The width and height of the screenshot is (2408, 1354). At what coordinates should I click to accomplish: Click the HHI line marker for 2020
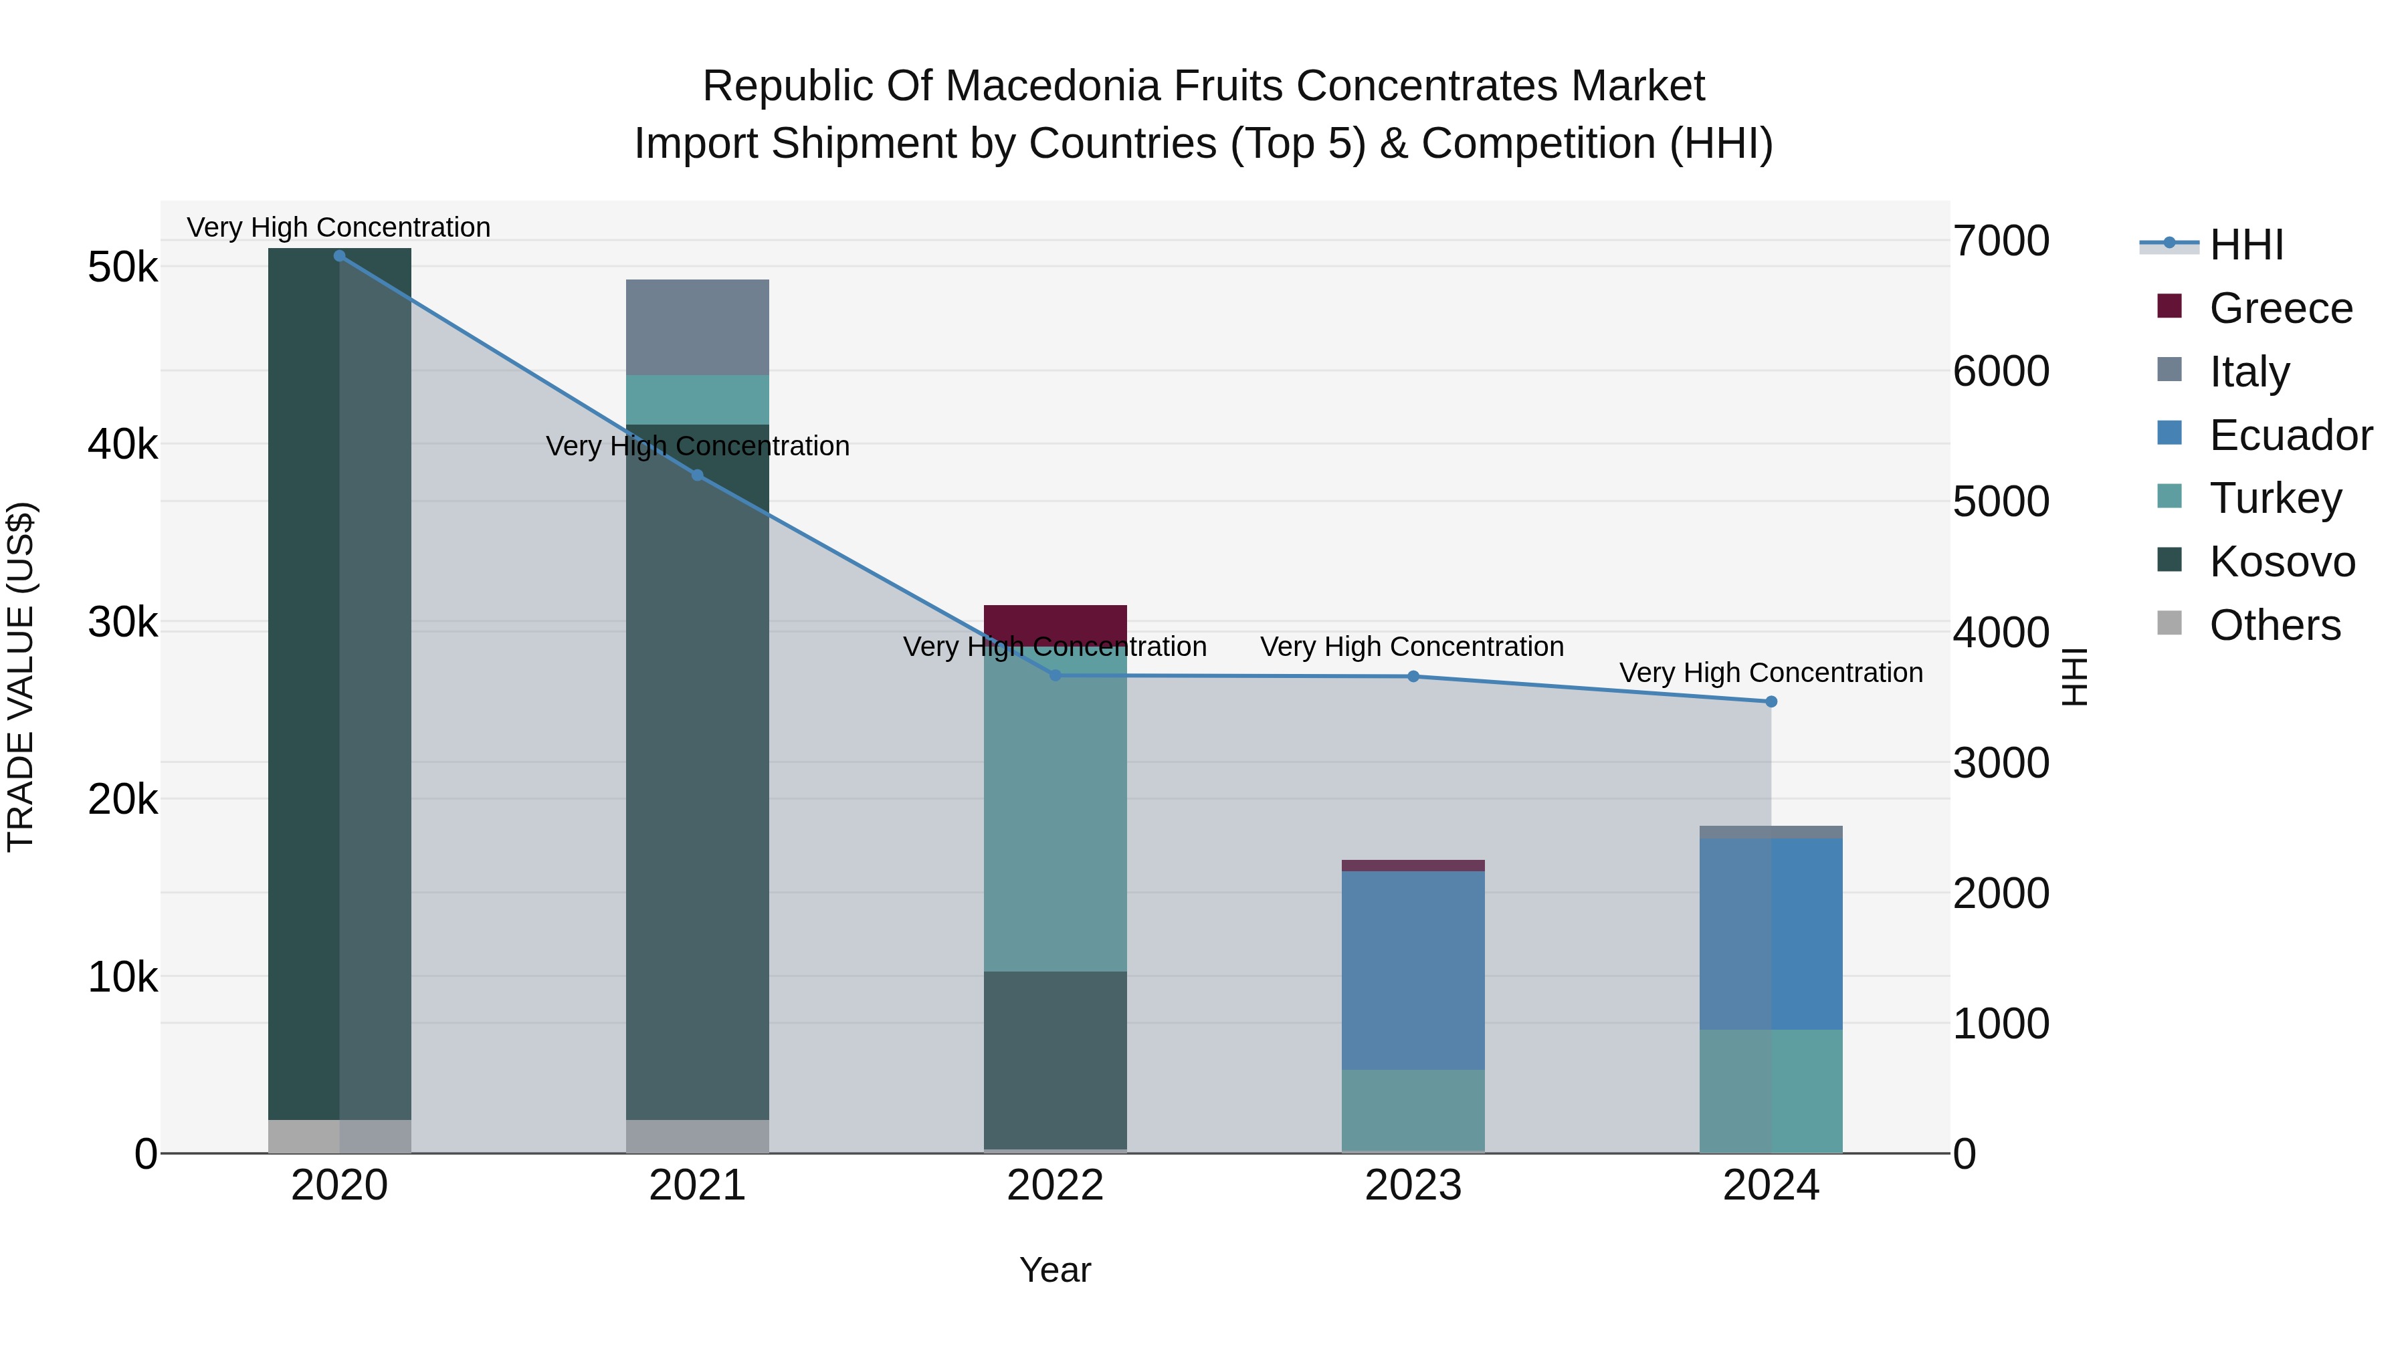(x=339, y=256)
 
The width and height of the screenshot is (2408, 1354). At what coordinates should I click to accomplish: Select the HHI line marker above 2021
(x=698, y=475)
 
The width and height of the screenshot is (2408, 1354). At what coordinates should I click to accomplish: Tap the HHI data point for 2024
(x=1771, y=702)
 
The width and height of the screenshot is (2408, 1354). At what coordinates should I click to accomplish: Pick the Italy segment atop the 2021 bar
(x=698, y=327)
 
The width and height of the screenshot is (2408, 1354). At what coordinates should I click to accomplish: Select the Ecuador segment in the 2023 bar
(x=1413, y=970)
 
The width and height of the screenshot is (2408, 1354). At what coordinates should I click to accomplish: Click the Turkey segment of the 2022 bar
(x=1056, y=808)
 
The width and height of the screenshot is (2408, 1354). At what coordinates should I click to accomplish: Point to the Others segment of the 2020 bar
(x=339, y=1135)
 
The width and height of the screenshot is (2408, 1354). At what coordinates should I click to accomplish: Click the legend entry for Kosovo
(x=2281, y=562)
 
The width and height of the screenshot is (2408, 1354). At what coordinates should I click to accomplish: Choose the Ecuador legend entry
(x=2290, y=435)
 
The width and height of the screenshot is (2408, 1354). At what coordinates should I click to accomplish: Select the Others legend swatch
(x=2169, y=623)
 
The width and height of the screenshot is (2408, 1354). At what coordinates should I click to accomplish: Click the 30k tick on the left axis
(x=122, y=623)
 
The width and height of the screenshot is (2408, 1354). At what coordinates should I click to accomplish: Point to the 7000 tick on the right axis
(x=2001, y=241)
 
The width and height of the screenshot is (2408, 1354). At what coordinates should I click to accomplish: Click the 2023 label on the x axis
(x=1413, y=1186)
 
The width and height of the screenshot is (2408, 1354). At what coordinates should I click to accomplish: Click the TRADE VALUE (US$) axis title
(x=21, y=677)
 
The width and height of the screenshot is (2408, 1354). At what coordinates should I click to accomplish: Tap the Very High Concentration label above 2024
(x=1771, y=673)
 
